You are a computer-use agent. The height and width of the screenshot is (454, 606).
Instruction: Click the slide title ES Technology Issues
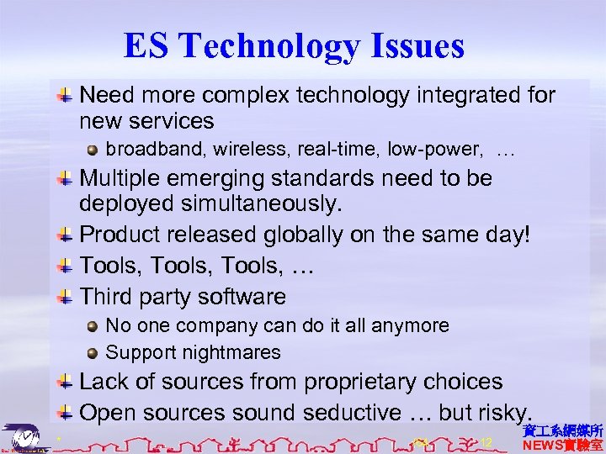point(294,46)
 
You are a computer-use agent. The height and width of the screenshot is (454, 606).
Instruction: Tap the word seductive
point(354,413)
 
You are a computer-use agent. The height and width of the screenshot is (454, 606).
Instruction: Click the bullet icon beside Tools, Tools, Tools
point(65,267)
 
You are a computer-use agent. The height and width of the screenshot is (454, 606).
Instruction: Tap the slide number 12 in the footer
point(486,441)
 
